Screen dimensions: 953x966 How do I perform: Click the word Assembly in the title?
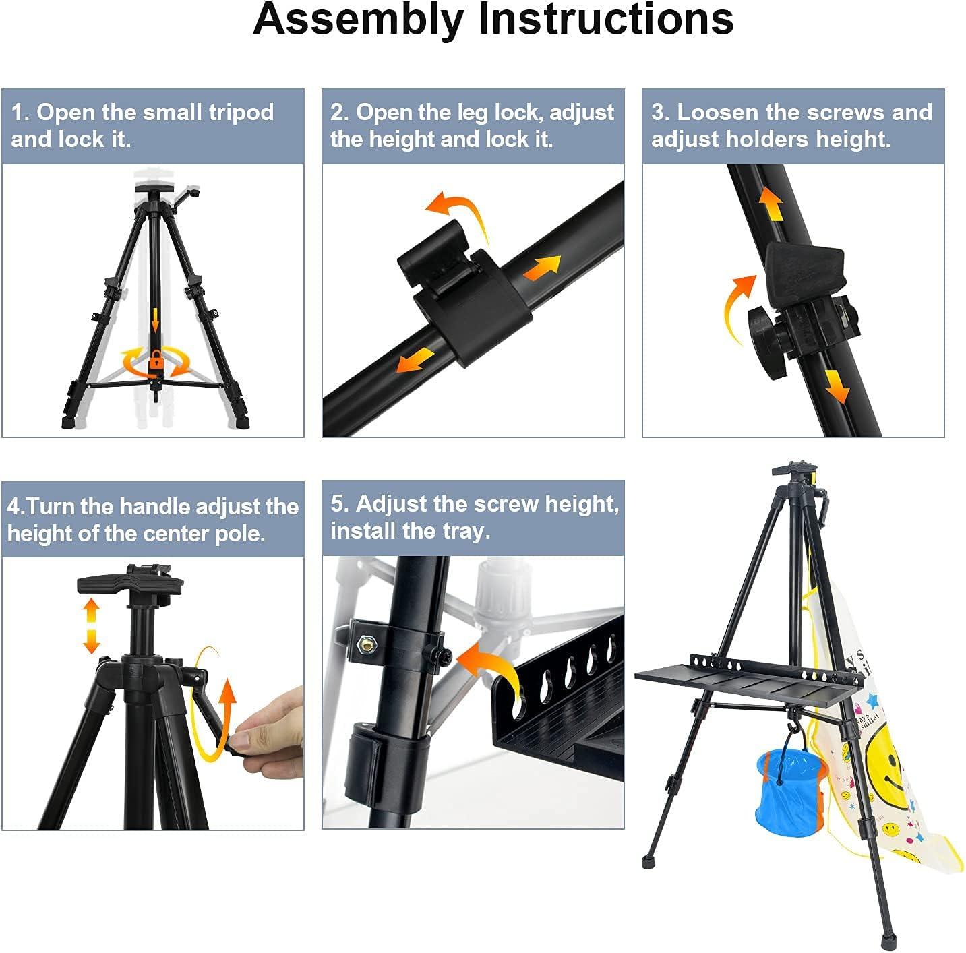[361, 20]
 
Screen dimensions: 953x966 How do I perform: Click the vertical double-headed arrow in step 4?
[91, 626]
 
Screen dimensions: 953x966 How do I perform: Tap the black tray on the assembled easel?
[742, 680]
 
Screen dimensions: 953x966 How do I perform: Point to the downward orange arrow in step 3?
[837, 386]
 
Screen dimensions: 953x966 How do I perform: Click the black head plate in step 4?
[131, 580]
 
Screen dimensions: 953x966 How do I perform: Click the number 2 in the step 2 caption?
[337, 112]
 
